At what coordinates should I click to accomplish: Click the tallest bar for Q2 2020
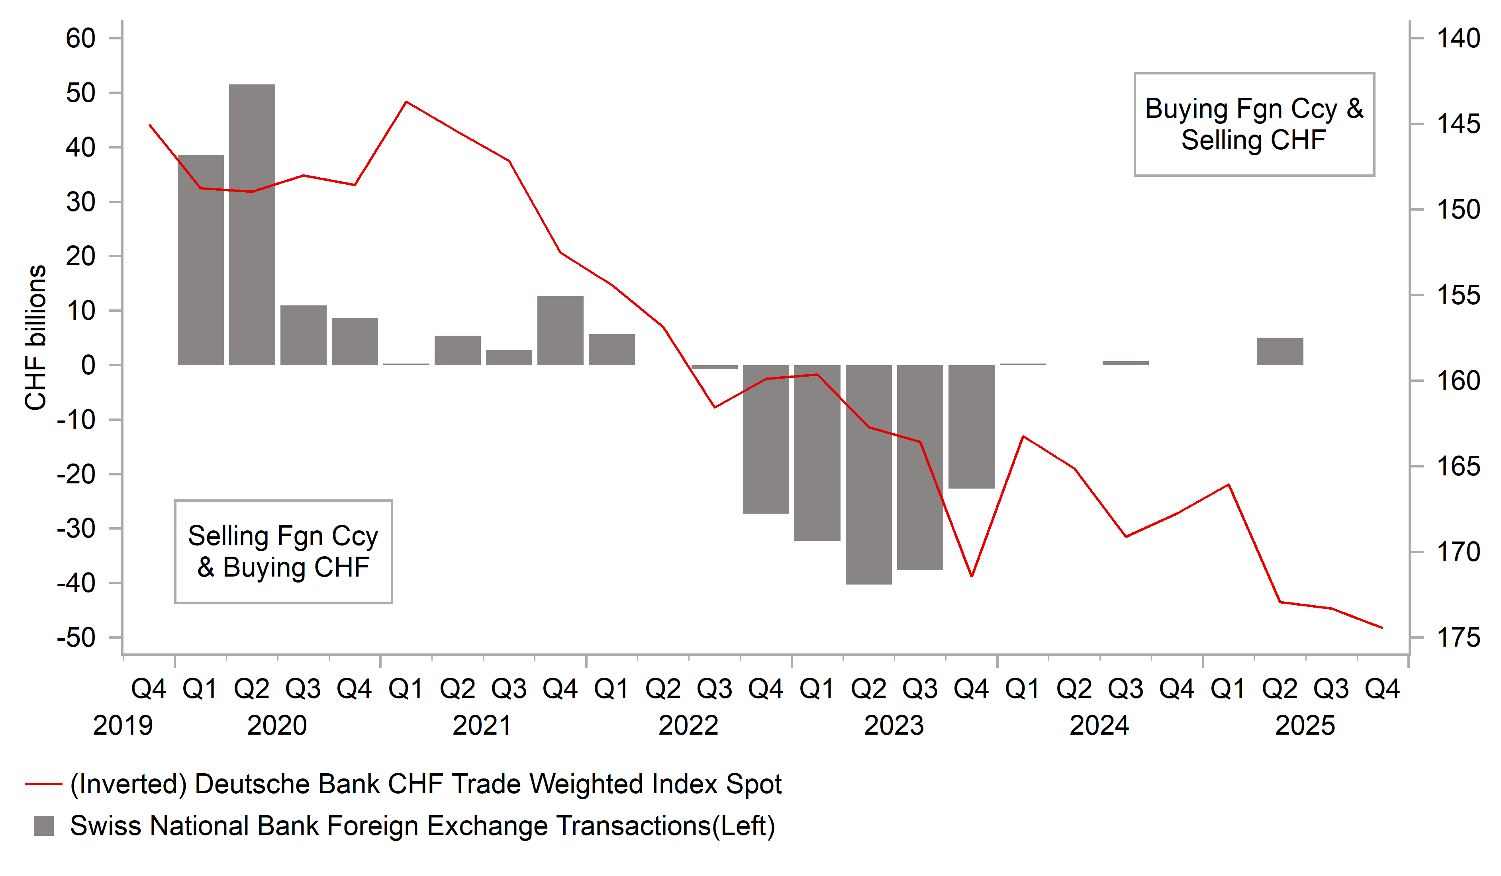(x=252, y=225)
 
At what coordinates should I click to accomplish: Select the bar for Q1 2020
(x=201, y=260)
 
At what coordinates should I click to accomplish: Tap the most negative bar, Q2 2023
(x=868, y=475)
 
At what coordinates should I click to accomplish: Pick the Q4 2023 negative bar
(x=972, y=426)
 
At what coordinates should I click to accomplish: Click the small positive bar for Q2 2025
(x=1280, y=351)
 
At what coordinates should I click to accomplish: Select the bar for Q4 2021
(x=560, y=330)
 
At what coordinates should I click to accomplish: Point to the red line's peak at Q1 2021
(x=406, y=102)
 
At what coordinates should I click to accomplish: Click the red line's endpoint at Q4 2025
(x=1382, y=628)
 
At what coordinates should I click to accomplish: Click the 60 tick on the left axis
(x=80, y=39)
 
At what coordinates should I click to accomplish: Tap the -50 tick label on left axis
(x=76, y=638)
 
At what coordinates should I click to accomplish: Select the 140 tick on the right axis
(x=1458, y=39)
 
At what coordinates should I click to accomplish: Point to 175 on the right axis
(x=1458, y=638)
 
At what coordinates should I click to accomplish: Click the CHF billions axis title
(x=36, y=338)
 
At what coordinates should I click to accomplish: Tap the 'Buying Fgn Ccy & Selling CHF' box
(x=1254, y=125)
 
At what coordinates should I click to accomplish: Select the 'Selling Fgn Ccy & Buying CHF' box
(x=284, y=551)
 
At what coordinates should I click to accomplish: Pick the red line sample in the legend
(x=43, y=784)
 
